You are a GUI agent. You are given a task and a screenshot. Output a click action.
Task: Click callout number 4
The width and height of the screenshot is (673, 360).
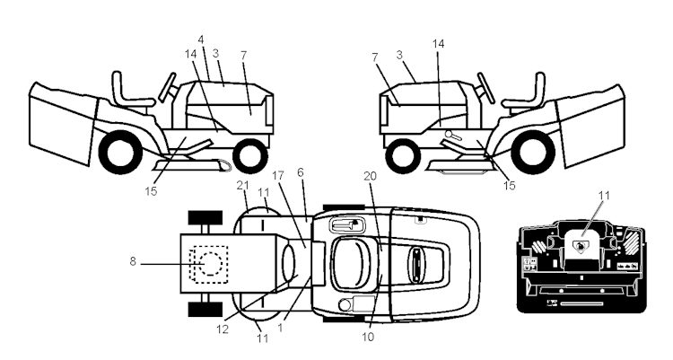(201, 40)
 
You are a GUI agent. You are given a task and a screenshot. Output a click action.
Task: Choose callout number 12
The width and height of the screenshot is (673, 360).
(222, 329)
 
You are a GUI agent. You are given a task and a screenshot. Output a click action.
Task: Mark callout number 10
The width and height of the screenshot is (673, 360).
(368, 338)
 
